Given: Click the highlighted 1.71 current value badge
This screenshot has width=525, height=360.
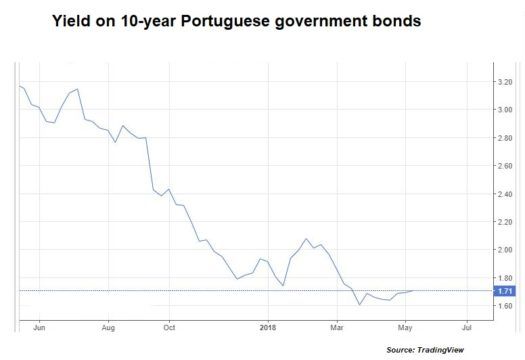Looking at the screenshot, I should point(503,291).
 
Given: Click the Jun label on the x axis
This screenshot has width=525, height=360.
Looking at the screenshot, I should point(39,326).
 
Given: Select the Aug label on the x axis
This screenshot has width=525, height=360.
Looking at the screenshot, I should point(109,326).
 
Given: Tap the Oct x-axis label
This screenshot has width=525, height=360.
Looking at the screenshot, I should point(170,326).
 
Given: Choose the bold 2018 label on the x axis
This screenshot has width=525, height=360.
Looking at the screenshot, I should point(267,326).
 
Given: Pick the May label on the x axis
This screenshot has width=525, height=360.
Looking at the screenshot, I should point(404,326).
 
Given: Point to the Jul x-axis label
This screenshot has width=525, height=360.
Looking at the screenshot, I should point(466,326).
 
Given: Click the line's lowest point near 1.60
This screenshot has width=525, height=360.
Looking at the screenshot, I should point(359,304).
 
